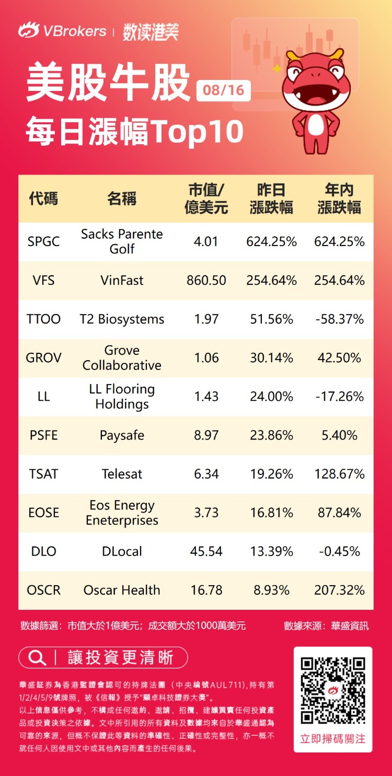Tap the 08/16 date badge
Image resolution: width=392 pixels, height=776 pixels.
pyautogui.click(x=224, y=90)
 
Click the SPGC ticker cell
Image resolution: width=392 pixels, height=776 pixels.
pyautogui.click(x=43, y=241)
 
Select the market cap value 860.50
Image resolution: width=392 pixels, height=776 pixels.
pyautogui.click(x=206, y=280)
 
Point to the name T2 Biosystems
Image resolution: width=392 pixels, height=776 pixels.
pyautogui.click(x=122, y=319)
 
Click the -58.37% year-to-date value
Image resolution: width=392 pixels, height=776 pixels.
pyautogui.click(x=339, y=319)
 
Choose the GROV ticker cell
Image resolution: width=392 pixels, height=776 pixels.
pyautogui.click(x=43, y=358)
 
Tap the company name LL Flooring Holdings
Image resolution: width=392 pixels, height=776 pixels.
pyautogui.click(x=122, y=397)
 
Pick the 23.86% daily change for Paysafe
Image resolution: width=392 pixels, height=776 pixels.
pyautogui.click(x=271, y=435)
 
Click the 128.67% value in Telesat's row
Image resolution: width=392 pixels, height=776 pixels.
pyautogui.click(x=339, y=474)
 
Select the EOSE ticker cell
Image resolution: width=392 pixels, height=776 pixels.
pyautogui.click(x=43, y=513)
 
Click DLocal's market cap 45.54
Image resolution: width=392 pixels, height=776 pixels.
pyautogui.click(x=206, y=551)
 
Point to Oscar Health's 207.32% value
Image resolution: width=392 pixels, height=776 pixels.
pyautogui.click(x=339, y=590)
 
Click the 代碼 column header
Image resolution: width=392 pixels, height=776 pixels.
pyautogui.click(x=43, y=199)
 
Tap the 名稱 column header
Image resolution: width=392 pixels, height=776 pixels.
pyautogui.click(x=122, y=199)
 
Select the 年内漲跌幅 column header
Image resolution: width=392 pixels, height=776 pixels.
pyautogui.click(x=339, y=199)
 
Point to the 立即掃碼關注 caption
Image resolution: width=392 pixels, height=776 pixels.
pyautogui.click(x=333, y=739)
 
